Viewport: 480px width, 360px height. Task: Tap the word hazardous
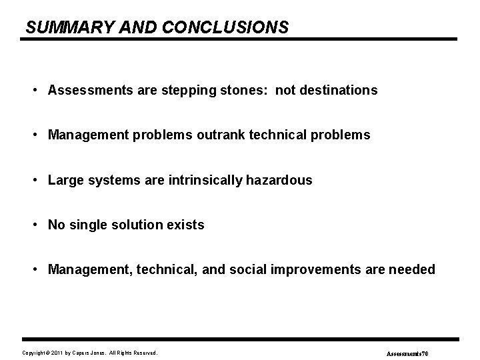pyautogui.click(x=280, y=180)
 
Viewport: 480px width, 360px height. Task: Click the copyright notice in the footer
pyautogui.click(x=89, y=352)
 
